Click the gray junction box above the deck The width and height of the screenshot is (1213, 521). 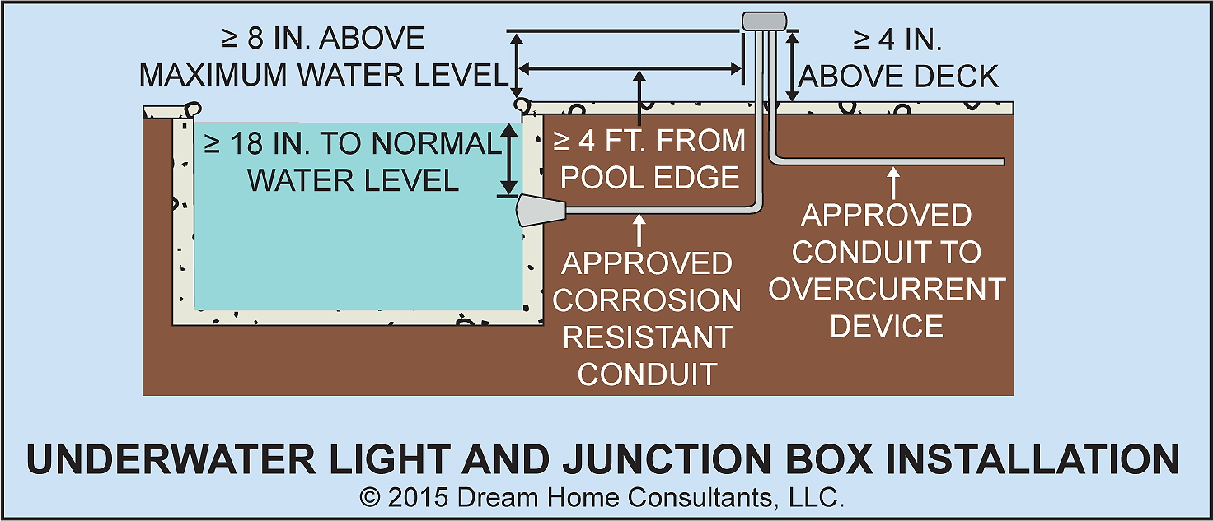766,20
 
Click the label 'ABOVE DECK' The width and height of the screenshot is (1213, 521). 898,77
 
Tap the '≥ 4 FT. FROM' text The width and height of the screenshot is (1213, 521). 649,141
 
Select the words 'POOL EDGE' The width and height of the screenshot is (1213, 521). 649,177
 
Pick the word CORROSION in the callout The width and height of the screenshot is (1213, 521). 647,300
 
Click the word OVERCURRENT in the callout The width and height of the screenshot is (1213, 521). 888,289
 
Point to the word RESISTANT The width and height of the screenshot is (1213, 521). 647,337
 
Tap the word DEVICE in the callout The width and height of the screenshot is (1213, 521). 887,326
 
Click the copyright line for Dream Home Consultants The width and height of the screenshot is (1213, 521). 602,498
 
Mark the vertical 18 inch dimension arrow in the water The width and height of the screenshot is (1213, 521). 511,158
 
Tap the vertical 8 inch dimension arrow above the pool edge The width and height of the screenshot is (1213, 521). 518,66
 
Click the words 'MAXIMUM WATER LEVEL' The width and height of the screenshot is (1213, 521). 323,75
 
